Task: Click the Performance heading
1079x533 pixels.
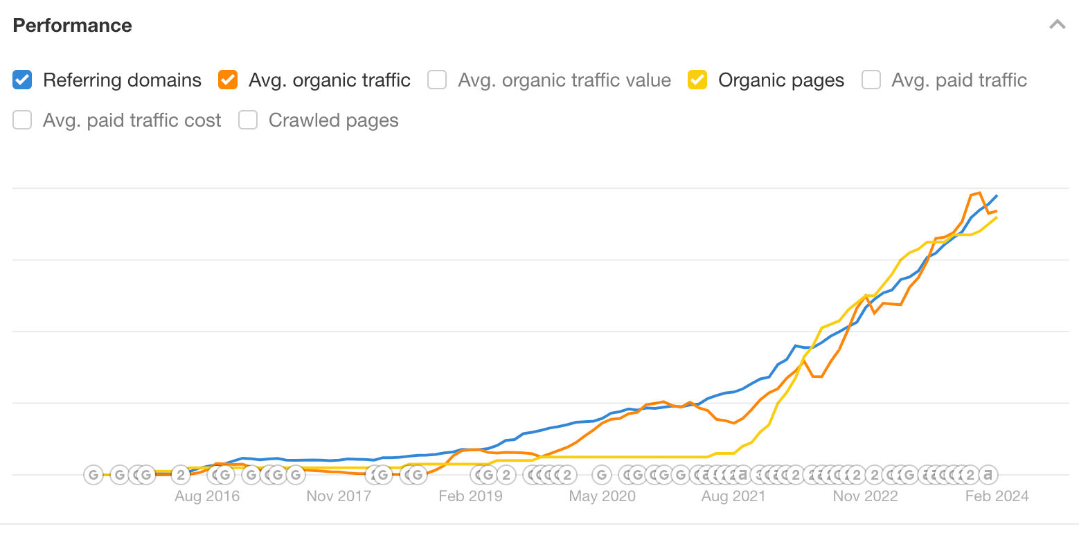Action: click(x=72, y=26)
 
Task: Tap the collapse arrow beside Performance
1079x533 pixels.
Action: click(x=1057, y=25)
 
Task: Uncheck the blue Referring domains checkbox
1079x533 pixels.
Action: click(x=22, y=80)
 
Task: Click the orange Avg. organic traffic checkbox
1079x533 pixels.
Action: click(x=228, y=80)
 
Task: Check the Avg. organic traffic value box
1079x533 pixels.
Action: click(x=437, y=80)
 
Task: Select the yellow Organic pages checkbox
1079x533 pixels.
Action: click(x=697, y=80)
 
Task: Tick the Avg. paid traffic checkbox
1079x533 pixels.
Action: click(x=871, y=80)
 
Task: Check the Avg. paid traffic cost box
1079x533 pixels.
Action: click(x=22, y=120)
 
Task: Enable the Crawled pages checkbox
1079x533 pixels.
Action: click(x=248, y=120)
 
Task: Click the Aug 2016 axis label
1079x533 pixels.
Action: click(x=207, y=496)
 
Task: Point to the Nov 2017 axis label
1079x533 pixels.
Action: click(x=339, y=496)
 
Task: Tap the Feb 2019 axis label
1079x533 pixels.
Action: click(x=470, y=496)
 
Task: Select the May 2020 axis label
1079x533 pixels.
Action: click(x=602, y=496)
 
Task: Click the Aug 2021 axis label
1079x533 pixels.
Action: click(x=733, y=496)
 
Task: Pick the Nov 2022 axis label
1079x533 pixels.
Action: click(x=865, y=496)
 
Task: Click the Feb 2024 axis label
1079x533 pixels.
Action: click(x=997, y=496)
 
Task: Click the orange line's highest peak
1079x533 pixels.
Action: click(x=979, y=193)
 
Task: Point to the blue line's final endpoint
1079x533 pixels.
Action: click(x=997, y=196)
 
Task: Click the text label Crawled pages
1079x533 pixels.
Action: click(x=333, y=120)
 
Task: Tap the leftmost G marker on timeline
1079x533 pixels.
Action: click(x=93, y=475)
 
